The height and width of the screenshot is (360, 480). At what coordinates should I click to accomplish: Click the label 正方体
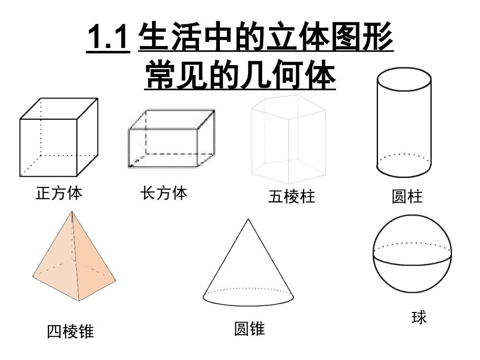click(x=59, y=193)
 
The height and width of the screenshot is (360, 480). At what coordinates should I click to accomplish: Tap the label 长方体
click(x=164, y=193)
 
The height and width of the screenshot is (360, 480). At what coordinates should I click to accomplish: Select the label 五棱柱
click(x=292, y=196)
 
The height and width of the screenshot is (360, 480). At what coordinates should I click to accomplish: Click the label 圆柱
click(x=407, y=196)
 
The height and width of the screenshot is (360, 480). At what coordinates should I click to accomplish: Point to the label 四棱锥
click(x=70, y=332)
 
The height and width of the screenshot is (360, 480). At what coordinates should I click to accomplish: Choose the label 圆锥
click(x=249, y=329)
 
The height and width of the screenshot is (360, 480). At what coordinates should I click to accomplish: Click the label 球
click(x=419, y=318)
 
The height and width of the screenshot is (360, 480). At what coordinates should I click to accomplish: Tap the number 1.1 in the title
click(x=108, y=39)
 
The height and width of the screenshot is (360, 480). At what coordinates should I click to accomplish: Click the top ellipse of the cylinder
click(x=404, y=79)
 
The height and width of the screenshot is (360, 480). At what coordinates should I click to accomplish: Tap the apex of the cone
click(x=248, y=219)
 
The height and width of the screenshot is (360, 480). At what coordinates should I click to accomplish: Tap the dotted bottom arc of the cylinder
click(x=404, y=155)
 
